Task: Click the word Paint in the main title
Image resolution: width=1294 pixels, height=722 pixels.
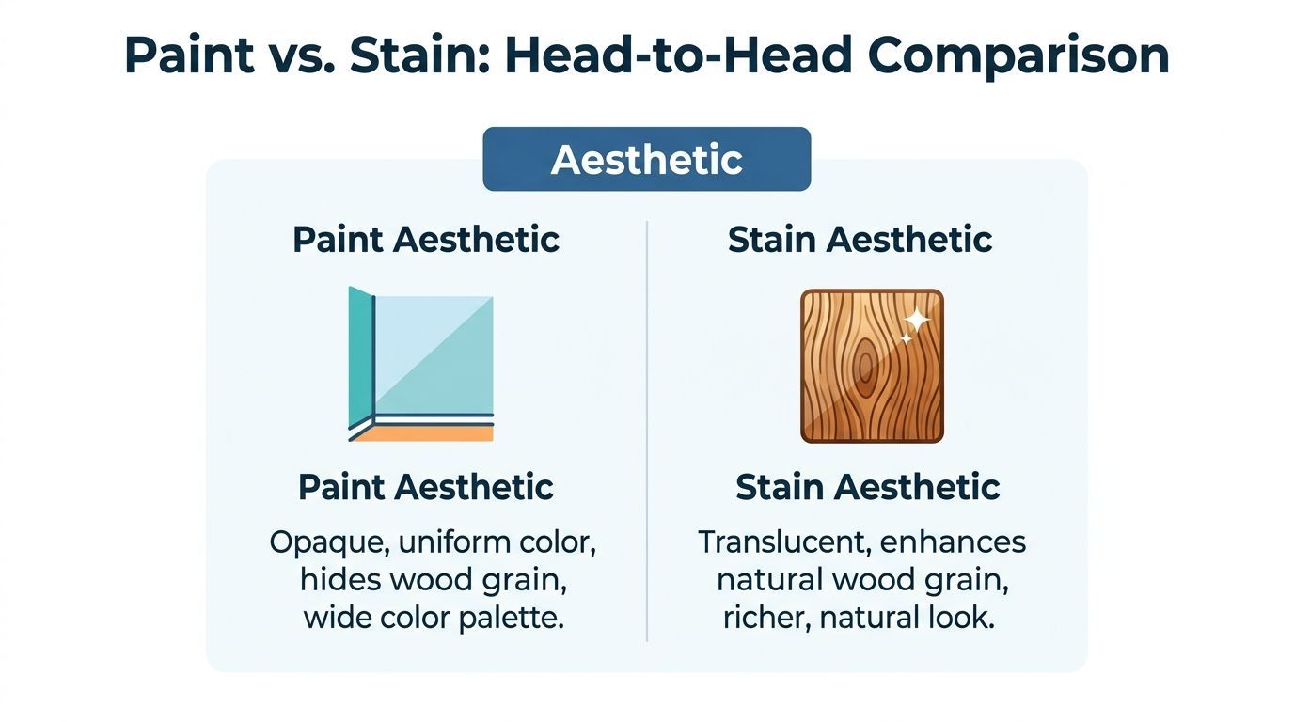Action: tap(188, 56)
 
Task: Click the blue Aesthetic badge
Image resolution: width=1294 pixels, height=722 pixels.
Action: tap(646, 160)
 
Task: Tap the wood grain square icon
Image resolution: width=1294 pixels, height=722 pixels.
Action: tap(872, 366)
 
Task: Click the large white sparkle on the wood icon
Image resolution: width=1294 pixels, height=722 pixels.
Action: tap(916, 322)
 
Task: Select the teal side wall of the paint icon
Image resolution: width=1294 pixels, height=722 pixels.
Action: tap(359, 357)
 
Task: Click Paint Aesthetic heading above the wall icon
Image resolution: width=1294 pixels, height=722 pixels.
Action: tap(426, 240)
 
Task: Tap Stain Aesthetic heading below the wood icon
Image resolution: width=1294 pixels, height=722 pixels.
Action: tap(867, 488)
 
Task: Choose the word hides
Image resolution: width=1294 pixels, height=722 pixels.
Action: tap(337, 581)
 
